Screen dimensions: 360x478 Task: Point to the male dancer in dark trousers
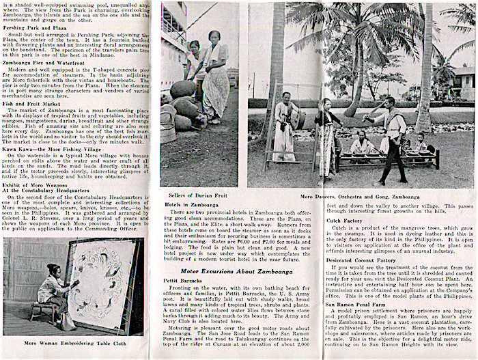395,137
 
